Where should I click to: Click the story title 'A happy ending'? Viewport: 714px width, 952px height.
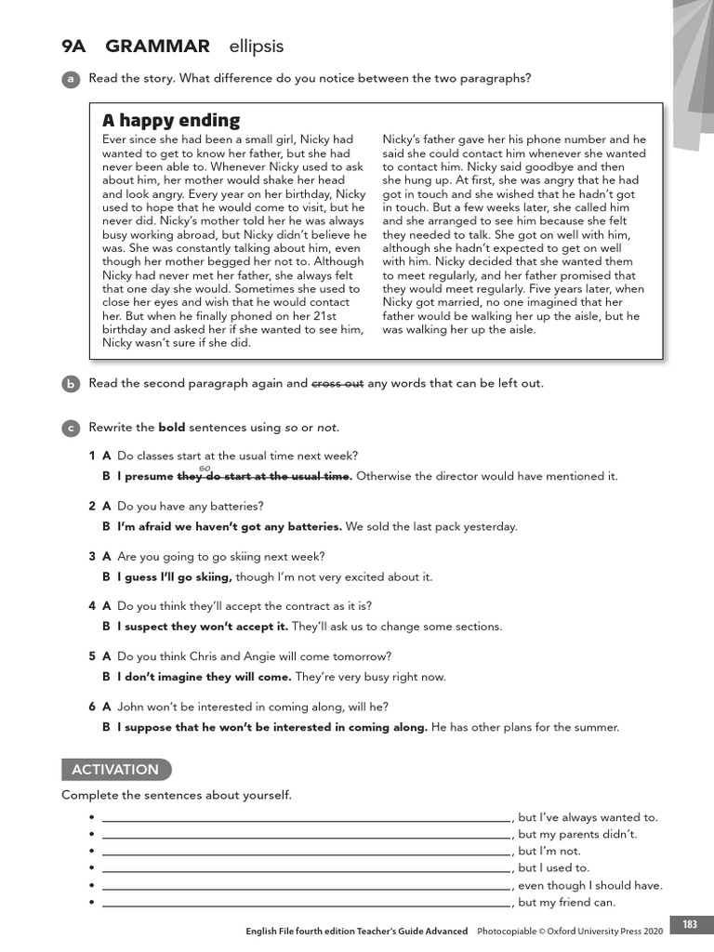click(x=171, y=121)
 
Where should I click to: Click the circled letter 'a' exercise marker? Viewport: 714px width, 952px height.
click(x=70, y=80)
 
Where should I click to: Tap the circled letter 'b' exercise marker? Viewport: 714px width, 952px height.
click(x=70, y=384)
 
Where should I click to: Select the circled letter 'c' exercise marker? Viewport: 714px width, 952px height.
click(x=70, y=429)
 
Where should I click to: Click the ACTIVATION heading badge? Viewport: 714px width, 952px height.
click(x=116, y=770)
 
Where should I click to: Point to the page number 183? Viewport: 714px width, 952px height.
click(x=690, y=924)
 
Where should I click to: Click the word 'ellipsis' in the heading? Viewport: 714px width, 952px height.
click(x=256, y=46)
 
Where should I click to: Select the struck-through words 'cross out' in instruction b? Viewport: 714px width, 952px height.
click(x=337, y=383)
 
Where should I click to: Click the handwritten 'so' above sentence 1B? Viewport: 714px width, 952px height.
click(x=205, y=467)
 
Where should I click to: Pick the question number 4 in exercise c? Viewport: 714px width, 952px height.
click(x=92, y=605)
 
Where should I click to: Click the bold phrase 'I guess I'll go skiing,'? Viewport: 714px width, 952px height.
click(x=175, y=577)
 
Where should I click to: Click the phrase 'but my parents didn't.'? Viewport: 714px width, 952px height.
click(x=577, y=835)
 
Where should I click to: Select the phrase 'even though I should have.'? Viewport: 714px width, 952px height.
click(x=589, y=885)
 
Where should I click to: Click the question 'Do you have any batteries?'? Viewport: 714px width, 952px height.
click(x=191, y=507)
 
